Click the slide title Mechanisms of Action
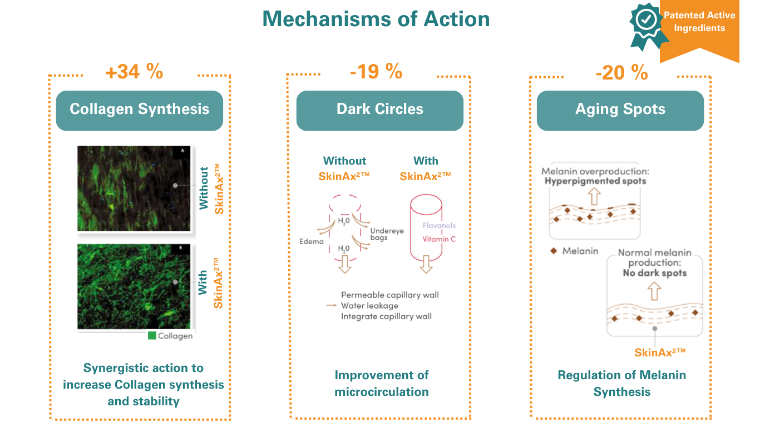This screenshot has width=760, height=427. pos(376,19)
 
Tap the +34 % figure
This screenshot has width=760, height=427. pos(134,72)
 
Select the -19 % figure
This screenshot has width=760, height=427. pos(376,71)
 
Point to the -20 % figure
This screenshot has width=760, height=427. pos(621,72)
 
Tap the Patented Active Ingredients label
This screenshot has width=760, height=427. pos(699,22)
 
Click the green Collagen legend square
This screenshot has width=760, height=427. pos(152,336)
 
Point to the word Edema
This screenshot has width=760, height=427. pos(312,242)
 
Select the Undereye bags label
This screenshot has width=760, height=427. pos(387,234)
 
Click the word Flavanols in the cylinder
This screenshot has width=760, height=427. pos(439,226)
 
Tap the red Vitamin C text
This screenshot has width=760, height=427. pos(439,240)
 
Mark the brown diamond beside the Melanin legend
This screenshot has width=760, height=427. pos(553,251)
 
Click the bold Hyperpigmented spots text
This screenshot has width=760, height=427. pos(595,181)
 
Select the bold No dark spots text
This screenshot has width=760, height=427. pos(655,273)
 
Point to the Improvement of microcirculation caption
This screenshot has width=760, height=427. pos(382,384)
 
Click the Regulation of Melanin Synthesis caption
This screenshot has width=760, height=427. pos(622,384)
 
